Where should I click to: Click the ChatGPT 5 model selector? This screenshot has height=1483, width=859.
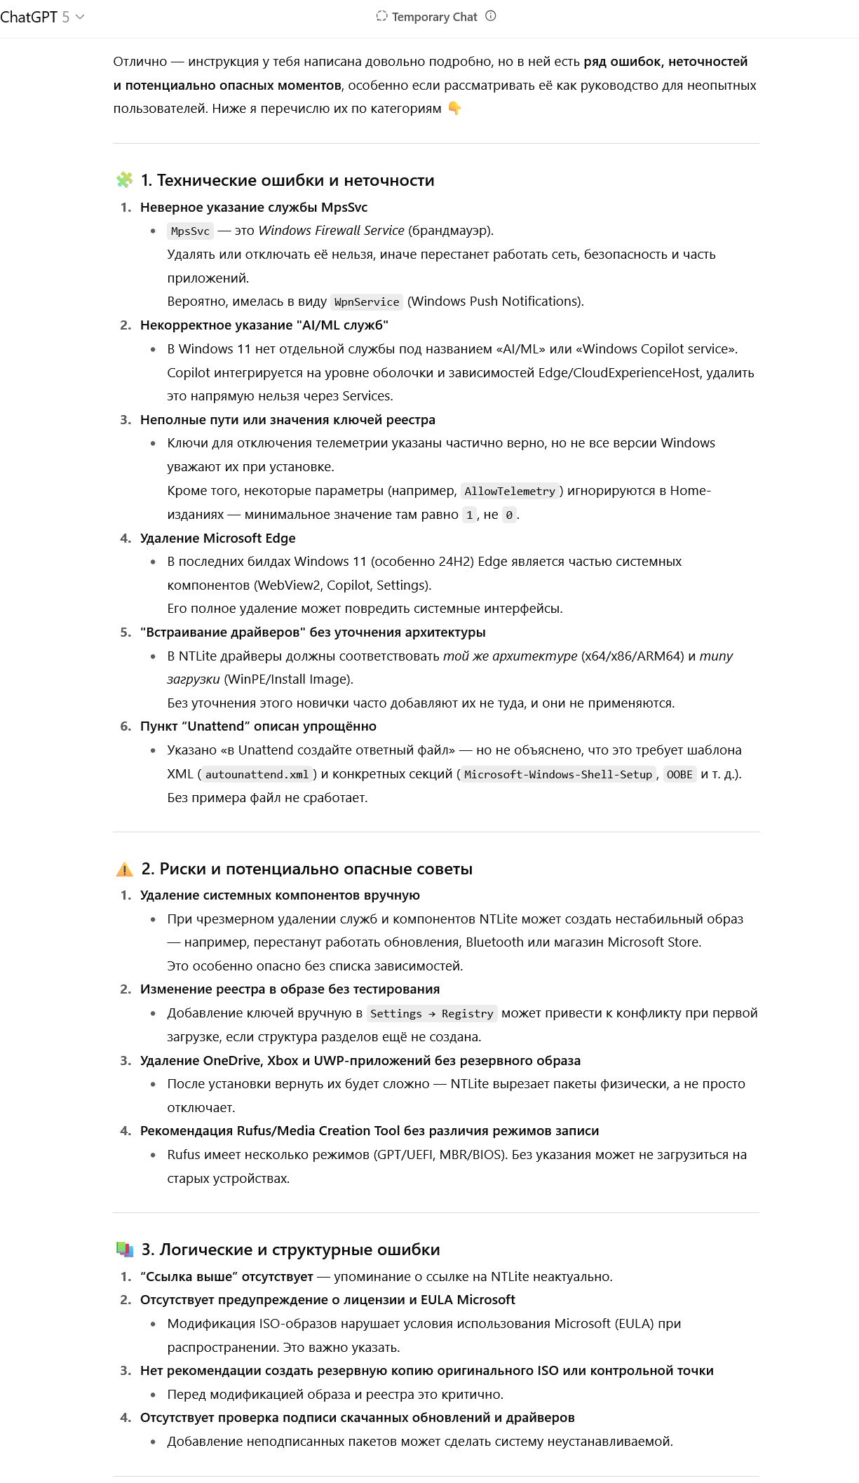tap(42, 17)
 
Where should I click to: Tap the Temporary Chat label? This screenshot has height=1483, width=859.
tap(434, 17)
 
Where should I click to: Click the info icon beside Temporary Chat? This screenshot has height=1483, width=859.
tap(491, 16)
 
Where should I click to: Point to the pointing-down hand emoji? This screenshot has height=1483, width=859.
tap(454, 109)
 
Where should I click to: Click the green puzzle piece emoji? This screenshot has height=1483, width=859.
tap(124, 180)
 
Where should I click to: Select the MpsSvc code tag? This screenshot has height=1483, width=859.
tap(190, 231)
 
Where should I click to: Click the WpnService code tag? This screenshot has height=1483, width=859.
tap(367, 302)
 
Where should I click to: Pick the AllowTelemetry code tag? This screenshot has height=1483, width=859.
tap(510, 492)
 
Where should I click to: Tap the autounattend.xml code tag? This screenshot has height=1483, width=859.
tap(257, 775)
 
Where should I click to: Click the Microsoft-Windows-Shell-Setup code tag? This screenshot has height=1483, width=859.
tap(558, 775)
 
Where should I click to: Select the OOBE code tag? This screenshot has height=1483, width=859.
tap(679, 775)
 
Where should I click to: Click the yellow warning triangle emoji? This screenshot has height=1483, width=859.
tap(124, 869)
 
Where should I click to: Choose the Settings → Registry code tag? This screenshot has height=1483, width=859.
tap(432, 1014)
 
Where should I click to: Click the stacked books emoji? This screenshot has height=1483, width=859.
tap(124, 1250)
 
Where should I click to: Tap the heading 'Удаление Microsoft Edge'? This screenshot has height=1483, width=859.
tap(217, 539)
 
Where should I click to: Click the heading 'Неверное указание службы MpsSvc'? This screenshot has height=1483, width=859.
tap(253, 208)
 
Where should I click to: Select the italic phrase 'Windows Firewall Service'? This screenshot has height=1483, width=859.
tap(331, 231)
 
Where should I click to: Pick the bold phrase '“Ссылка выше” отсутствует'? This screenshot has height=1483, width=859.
tap(226, 1277)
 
